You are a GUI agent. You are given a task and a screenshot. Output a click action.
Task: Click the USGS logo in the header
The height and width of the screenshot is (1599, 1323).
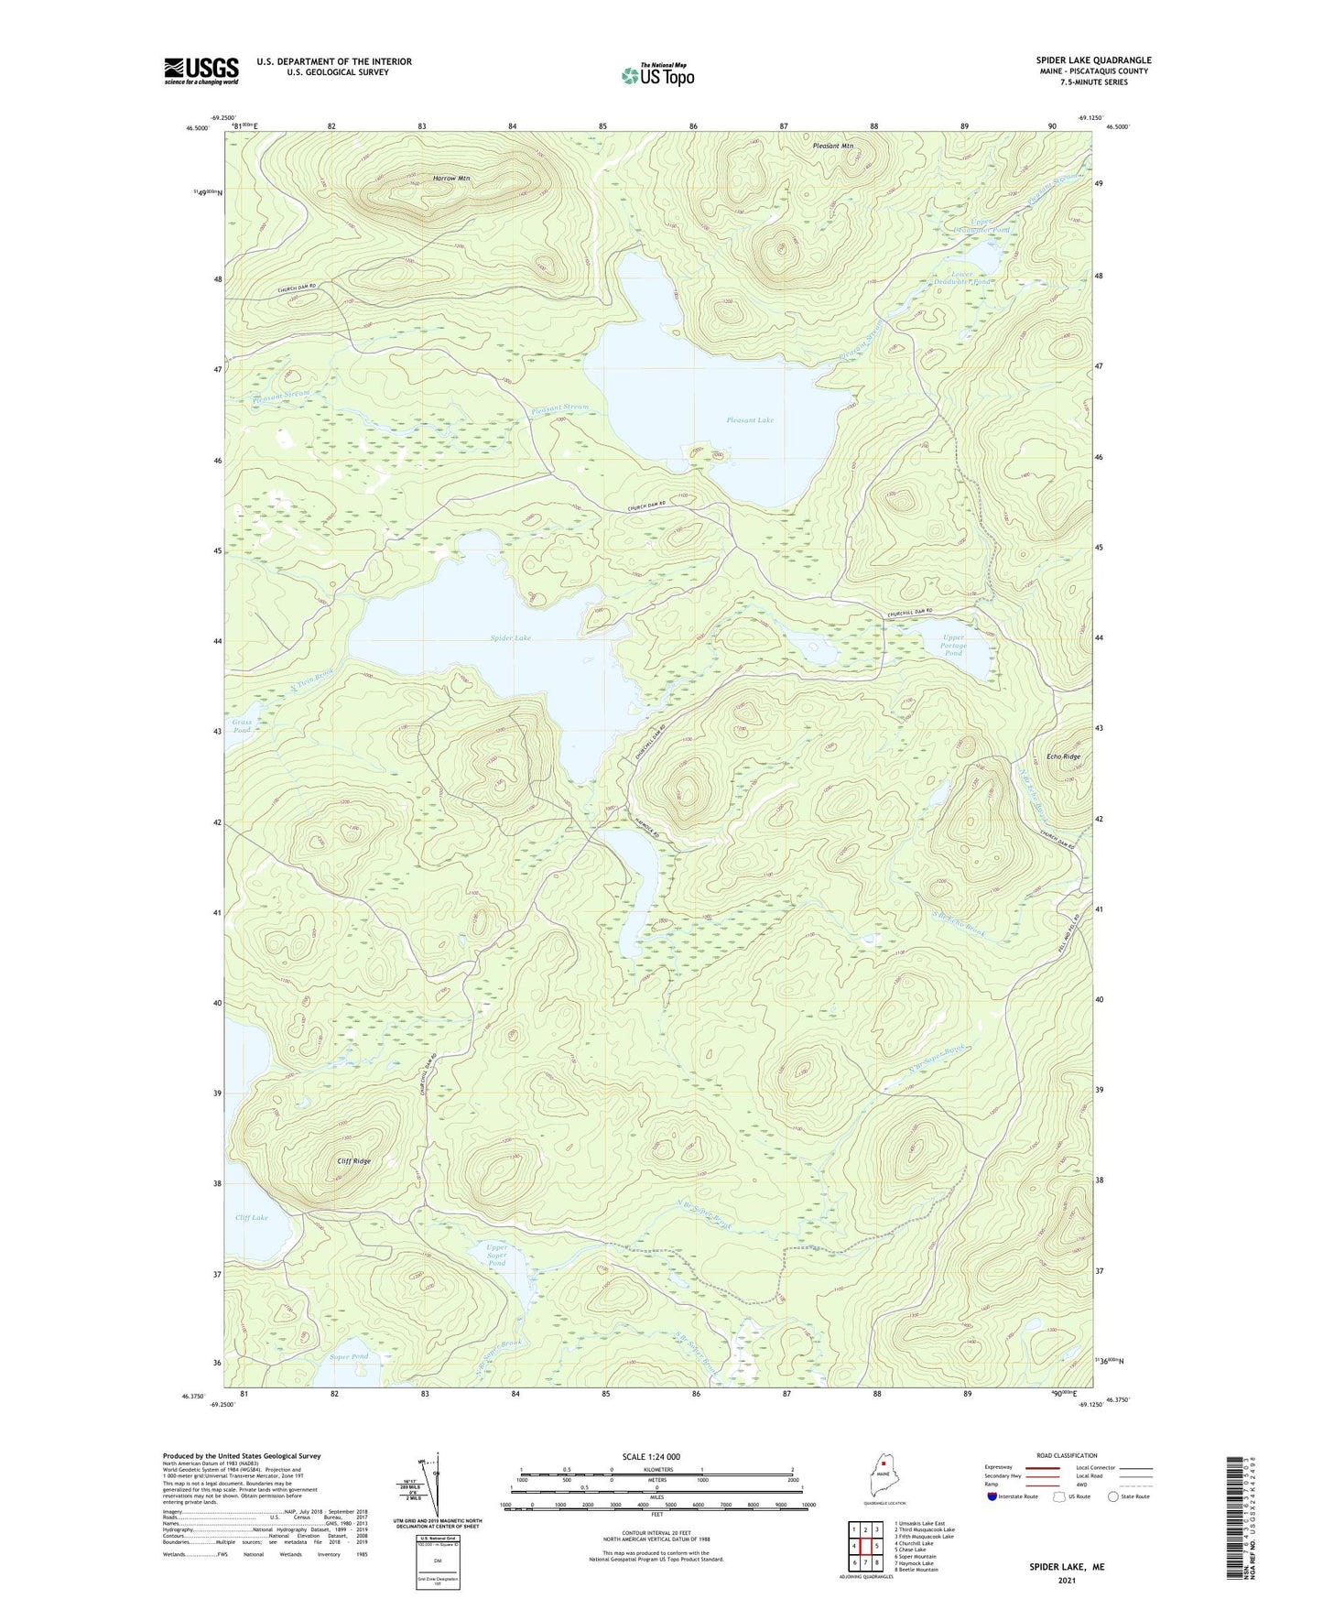(x=201, y=70)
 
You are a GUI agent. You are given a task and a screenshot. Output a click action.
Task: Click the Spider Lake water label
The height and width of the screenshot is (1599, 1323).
(x=510, y=637)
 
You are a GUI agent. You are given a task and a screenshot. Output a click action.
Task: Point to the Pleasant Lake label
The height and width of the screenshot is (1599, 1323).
(x=750, y=420)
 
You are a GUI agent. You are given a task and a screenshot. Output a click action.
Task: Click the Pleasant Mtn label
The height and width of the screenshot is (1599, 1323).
(x=833, y=146)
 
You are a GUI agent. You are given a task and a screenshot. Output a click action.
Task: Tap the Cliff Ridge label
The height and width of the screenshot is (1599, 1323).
(x=354, y=1161)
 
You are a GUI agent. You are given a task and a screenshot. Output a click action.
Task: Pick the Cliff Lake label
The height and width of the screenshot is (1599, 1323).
(x=251, y=1217)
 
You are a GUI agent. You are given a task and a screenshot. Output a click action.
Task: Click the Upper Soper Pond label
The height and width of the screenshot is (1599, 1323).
(x=496, y=1255)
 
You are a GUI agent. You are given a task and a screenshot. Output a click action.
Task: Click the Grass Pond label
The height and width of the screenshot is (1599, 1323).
(x=242, y=726)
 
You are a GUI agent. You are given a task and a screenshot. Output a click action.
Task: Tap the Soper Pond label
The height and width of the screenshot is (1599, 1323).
(x=348, y=1356)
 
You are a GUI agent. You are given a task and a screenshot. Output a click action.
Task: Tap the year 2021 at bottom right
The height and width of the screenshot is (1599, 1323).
(x=1066, y=1581)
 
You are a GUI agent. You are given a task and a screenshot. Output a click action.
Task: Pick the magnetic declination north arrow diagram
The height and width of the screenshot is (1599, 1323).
(x=436, y=1489)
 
